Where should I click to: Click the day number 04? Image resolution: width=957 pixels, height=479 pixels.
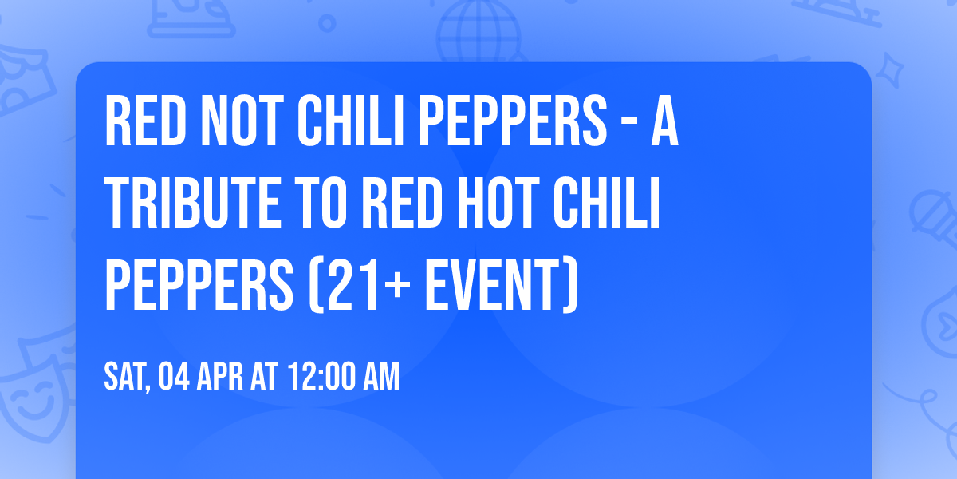point(173,376)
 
